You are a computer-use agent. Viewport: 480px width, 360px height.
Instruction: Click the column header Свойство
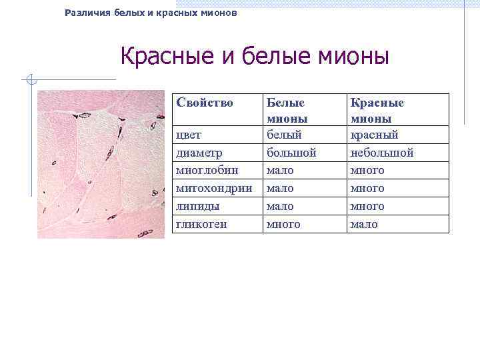(204, 103)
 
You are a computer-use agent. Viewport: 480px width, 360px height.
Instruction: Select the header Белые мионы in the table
(287, 111)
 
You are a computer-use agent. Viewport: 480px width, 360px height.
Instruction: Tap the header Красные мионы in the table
(377, 111)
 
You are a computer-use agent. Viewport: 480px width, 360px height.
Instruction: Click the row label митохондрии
(213, 189)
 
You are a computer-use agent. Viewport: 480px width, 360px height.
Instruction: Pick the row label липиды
(197, 207)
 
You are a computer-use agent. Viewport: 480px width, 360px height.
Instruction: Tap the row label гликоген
(201, 225)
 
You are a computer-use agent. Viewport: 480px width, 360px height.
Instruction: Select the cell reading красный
(374, 135)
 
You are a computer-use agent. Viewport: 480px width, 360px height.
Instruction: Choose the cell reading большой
(291, 153)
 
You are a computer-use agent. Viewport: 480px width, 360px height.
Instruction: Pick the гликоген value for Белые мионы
(283, 225)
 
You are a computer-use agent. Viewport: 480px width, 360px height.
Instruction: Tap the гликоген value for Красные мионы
(364, 225)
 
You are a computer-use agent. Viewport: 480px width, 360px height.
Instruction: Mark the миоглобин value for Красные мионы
(367, 171)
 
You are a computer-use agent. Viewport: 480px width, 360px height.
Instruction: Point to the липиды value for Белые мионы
(280, 207)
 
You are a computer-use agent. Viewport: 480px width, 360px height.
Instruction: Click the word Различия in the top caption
(87, 13)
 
